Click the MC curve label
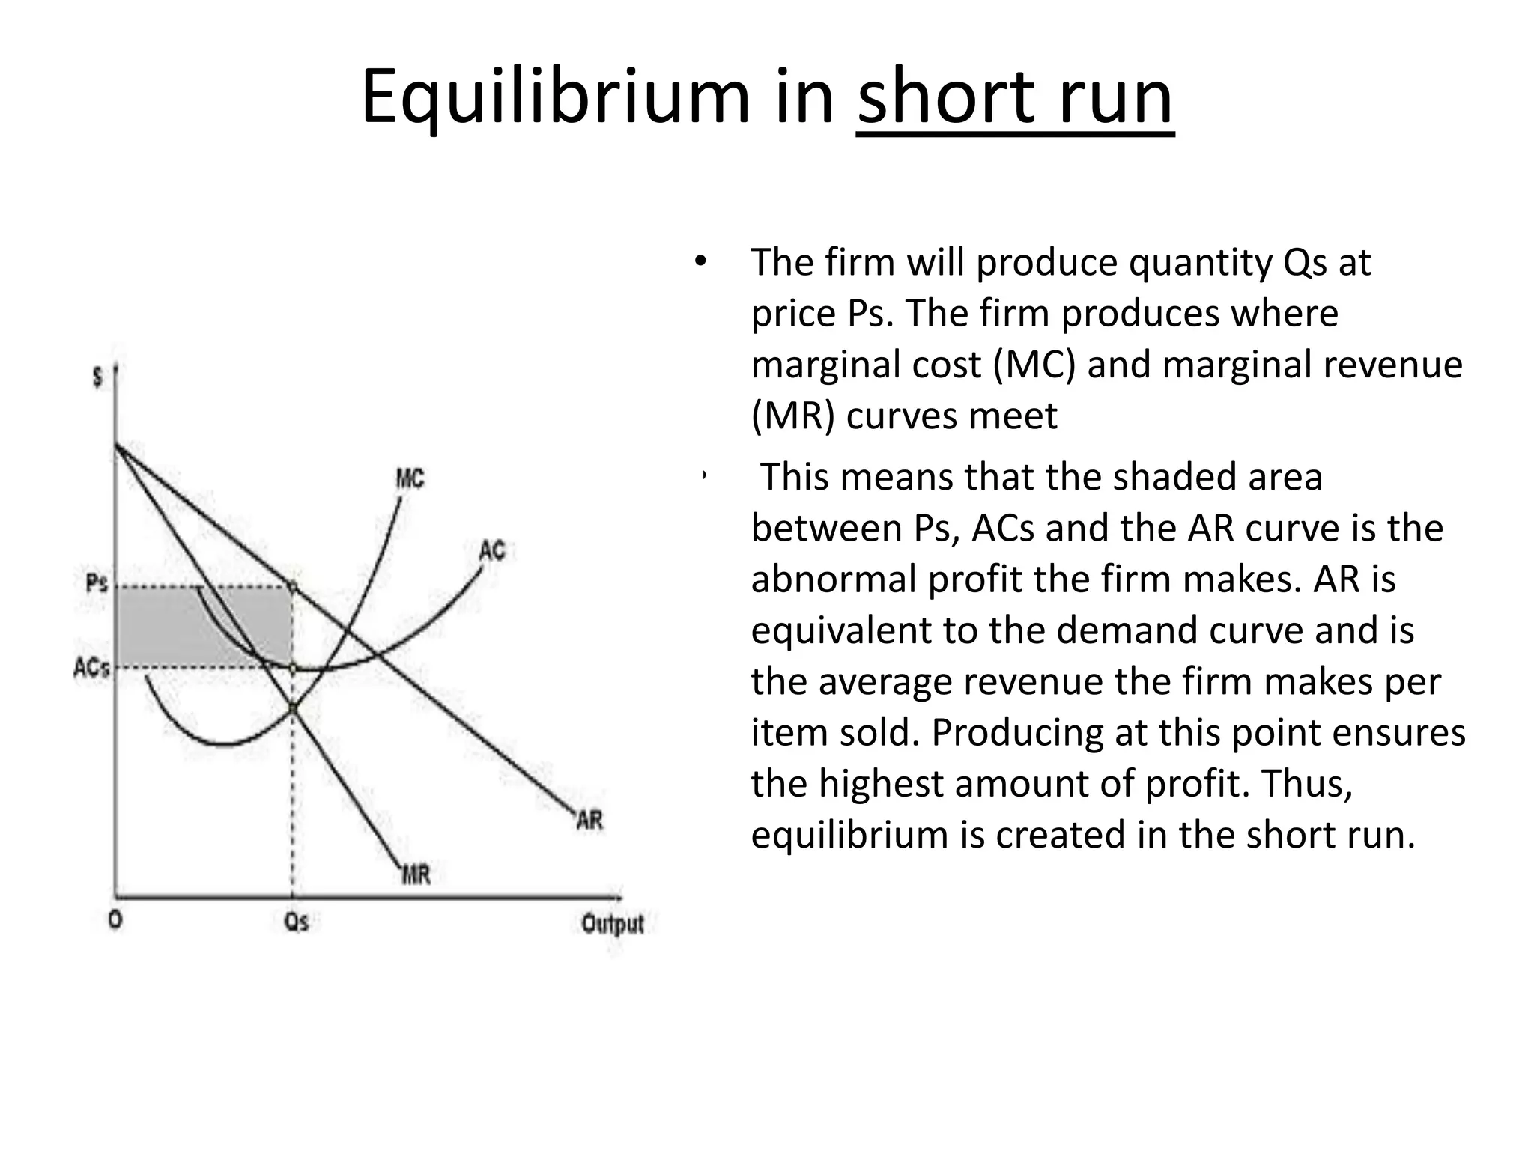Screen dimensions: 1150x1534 pyautogui.click(x=410, y=478)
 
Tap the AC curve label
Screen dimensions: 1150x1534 pyautogui.click(x=492, y=551)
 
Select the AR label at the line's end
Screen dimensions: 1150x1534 pyautogui.click(x=589, y=820)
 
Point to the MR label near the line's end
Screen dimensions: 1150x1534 pyautogui.click(x=416, y=874)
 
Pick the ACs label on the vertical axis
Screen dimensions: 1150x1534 pyautogui.click(x=91, y=666)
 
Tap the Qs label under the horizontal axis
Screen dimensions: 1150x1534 pyautogui.click(x=297, y=922)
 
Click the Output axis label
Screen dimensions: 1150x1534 pyautogui.click(x=613, y=924)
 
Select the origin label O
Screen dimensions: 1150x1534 pyautogui.click(x=115, y=921)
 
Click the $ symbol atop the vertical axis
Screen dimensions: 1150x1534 pyautogui.click(x=97, y=377)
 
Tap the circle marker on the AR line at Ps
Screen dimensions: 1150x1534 pyautogui.click(x=293, y=587)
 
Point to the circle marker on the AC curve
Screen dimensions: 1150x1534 pyautogui.click(x=293, y=667)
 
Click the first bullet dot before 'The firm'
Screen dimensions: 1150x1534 pyautogui.click(x=700, y=261)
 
